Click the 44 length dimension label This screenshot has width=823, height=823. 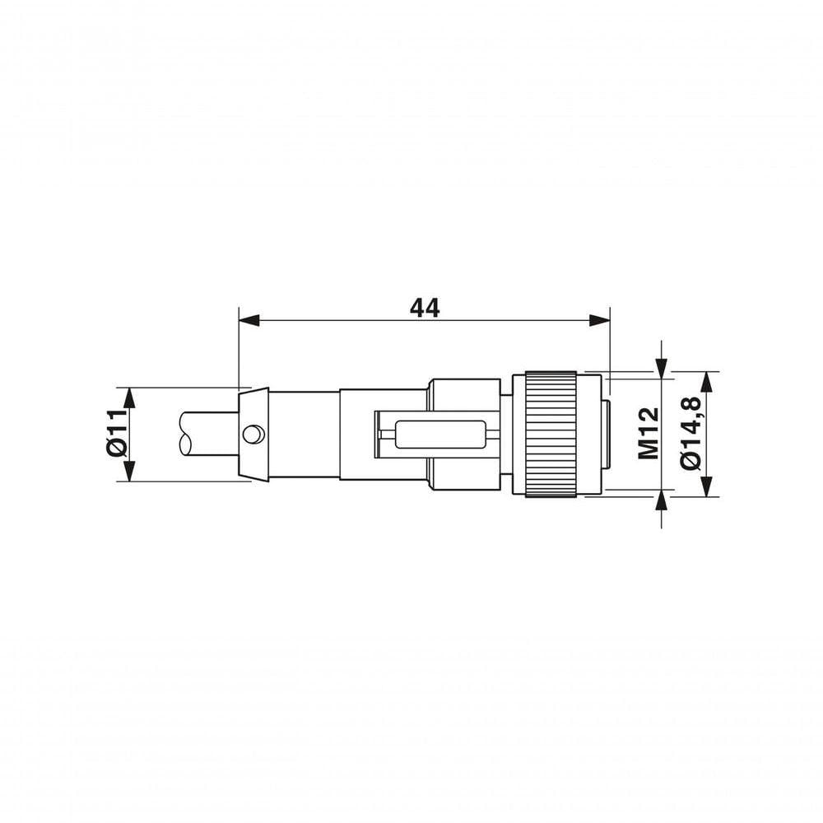[x=424, y=308]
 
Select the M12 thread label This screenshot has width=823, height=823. [x=649, y=434]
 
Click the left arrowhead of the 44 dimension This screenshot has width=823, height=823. [x=249, y=320]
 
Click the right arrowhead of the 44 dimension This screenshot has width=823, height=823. [x=599, y=320]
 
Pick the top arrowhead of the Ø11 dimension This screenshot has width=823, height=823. [x=130, y=398]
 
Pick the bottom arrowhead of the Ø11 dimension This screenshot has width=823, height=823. [x=130, y=471]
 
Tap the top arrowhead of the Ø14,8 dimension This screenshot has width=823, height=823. [x=708, y=382]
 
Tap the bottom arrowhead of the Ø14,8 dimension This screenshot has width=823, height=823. [x=708, y=486]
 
